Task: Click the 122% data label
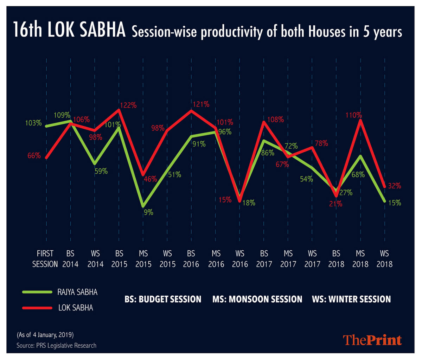click(x=128, y=105)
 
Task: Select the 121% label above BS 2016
click(x=201, y=104)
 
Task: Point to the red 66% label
click(x=34, y=155)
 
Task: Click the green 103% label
click(x=33, y=123)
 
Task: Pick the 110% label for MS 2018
click(x=353, y=115)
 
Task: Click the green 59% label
click(x=101, y=172)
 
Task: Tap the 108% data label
click(x=275, y=120)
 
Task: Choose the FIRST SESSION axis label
click(x=45, y=259)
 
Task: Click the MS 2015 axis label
click(x=143, y=259)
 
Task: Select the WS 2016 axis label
click(x=240, y=259)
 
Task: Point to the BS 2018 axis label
click(x=336, y=259)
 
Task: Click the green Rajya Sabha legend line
click(x=37, y=292)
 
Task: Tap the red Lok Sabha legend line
click(x=37, y=308)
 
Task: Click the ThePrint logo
click(x=372, y=340)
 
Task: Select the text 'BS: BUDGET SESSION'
click(x=163, y=299)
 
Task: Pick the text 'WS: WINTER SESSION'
click(x=351, y=299)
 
